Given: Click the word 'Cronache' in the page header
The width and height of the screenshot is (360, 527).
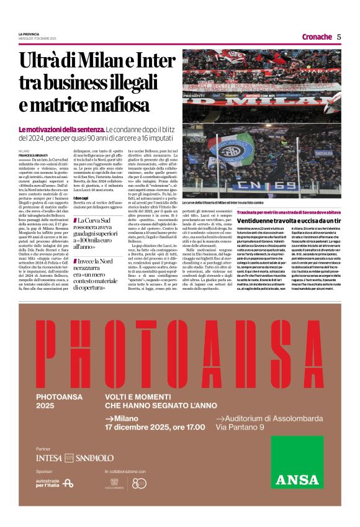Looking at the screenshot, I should [317, 37].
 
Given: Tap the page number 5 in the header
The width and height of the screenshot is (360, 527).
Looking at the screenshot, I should [339, 37].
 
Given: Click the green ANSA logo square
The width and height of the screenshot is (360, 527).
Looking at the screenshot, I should [297, 462].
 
